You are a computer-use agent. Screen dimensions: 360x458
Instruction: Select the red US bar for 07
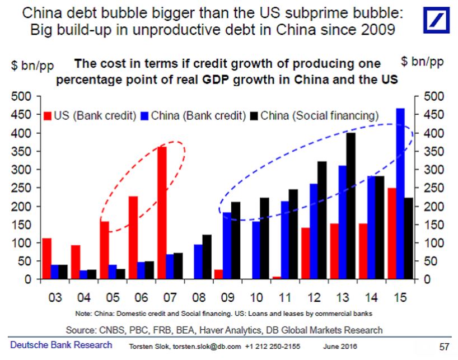point(161,213)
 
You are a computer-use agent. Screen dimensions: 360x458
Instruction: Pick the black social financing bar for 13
point(351,206)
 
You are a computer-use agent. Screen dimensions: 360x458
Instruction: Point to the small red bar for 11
point(277,278)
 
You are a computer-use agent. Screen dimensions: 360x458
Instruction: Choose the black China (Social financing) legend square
point(255,116)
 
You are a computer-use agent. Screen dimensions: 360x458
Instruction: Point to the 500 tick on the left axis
point(20,97)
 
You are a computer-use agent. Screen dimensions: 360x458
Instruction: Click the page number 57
point(443,347)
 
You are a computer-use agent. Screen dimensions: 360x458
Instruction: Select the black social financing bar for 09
point(236,241)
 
